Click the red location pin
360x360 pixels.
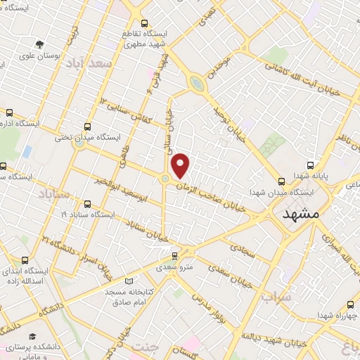point(181,165)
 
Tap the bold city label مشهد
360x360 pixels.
point(300,214)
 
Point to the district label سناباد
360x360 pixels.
point(53,193)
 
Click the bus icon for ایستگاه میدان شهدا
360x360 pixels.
point(281,180)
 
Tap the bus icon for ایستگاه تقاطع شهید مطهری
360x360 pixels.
point(144,23)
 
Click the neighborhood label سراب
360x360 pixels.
point(276,297)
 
